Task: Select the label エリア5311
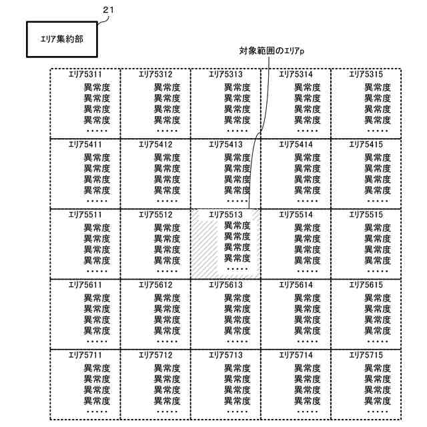coord(85,74)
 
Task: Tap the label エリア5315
coord(366,74)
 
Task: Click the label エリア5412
coord(155,144)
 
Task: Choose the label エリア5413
coord(226,144)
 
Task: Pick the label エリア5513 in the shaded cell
coord(226,215)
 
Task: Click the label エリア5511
coord(85,215)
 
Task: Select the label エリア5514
coord(296,215)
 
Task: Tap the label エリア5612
coord(155,285)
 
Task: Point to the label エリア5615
coord(366,285)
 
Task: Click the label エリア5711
coord(85,355)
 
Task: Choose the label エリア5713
coord(226,355)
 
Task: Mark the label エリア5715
coord(366,355)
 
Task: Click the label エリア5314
coord(296,74)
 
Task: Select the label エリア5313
coord(226,74)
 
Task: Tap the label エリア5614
coord(296,285)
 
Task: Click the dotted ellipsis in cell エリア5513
coord(237,268)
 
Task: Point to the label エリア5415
coord(366,144)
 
